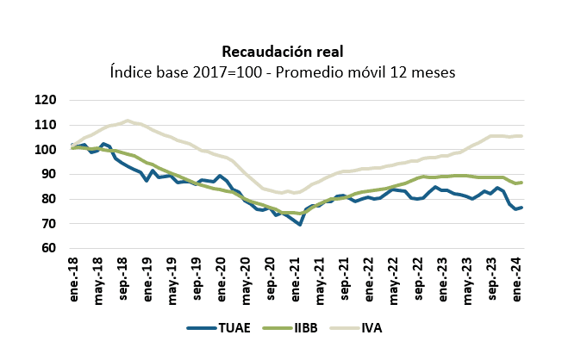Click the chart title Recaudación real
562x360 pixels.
[x=280, y=51]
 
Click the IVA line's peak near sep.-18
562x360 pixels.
[x=128, y=121]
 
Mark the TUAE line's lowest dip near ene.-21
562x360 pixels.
[x=300, y=224]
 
